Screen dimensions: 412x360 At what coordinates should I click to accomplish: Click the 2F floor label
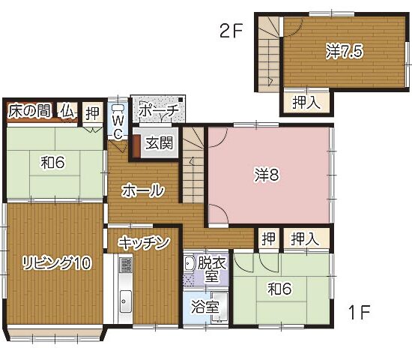pos(231,31)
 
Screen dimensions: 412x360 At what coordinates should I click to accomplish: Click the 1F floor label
pos(359,312)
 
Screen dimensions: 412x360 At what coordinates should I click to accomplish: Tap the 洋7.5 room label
pos(345,51)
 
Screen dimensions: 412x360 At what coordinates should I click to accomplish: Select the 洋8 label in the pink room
pos(267,175)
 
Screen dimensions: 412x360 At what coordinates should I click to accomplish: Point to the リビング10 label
pos(57,263)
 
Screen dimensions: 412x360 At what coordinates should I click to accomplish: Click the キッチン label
pos(144,243)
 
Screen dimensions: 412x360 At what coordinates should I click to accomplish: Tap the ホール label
pos(142,190)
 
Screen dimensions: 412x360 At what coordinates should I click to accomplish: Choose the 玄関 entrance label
pos(160,143)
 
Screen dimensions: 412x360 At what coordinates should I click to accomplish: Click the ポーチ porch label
pos(159,110)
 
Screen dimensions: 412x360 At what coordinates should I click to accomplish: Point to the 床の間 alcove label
pos(29,111)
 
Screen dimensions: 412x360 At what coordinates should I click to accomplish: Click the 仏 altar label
pos(67,112)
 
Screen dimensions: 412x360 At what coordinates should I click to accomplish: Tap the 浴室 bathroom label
pos(205,307)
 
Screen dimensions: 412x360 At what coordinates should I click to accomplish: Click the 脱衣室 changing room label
pos(212,269)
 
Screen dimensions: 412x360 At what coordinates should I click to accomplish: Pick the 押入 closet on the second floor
pos(306,103)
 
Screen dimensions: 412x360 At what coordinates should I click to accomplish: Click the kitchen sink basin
pos(126,301)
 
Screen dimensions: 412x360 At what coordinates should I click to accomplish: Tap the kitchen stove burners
pos(126,265)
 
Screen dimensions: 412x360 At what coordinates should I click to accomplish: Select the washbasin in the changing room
pos(188,263)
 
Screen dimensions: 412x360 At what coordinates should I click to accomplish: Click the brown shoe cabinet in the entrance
pos(136,146)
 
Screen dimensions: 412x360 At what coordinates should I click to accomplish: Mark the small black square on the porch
pos(181,100)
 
